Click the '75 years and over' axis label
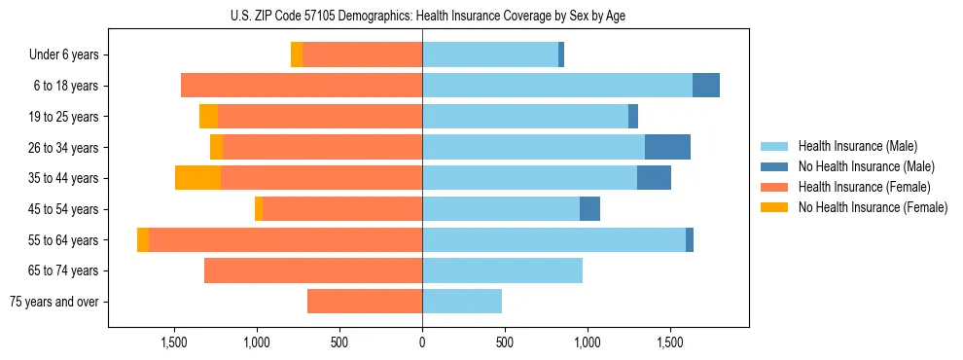[54, 302]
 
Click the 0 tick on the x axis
[422, 342]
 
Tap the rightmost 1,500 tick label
[670, 342]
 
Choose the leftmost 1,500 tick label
[174, 342]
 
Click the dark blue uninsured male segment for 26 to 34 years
[667, 147]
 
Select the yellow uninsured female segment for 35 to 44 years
[197, 178]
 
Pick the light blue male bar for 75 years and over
[462, 302]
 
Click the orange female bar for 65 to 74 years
[313, 270]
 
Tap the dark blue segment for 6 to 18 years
[706, 86]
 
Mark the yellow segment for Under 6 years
[297, 55]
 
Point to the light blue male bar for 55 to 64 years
[553, 240]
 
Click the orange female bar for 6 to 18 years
[302, 86]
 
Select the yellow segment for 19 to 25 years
[208, 117]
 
